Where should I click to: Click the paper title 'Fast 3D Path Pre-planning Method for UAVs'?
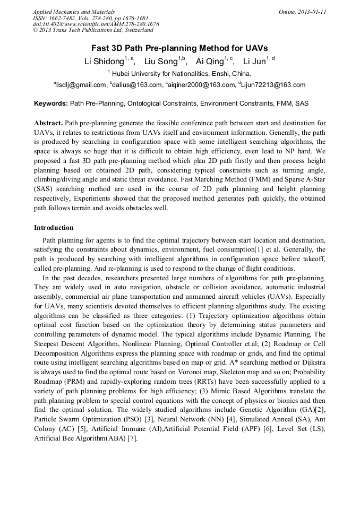tap(179, 48)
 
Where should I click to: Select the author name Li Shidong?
tap(104, 62)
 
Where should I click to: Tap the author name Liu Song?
tap(161, 62)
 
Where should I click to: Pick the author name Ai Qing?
tap(210, 62)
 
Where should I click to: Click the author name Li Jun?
tap(253, 62)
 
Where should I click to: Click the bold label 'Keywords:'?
tap(51, 103)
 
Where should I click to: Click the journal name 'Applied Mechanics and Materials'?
tap(73, 12)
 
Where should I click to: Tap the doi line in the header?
tap(96, 24)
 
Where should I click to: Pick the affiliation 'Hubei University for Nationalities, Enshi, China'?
tap(181, 74)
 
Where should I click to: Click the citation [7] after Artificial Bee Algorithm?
tap(132, 438)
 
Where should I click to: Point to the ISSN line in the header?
tap(92, 18)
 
